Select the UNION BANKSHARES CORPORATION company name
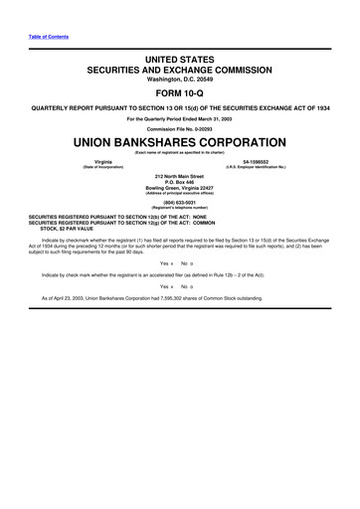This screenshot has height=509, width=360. pyautogui.click(x=180, y=141)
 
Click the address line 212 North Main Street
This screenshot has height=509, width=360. pyautogui.click(x=180, y=175)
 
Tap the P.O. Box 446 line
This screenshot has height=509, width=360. pyautogui.click(x=180, y=181)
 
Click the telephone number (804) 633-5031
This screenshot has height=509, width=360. pyautogui.click(x=180, y=202)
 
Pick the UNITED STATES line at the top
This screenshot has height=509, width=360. pyautogui.click(x=180, y=60)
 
